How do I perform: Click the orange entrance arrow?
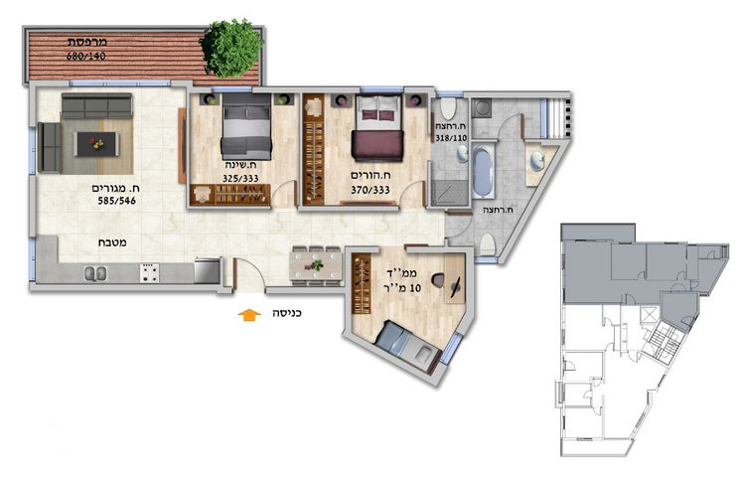click(x=249, y=315)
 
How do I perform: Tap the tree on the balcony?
click(x=231, y=48)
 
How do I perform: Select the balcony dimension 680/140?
click(x=85, y=56)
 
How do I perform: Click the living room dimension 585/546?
click(x=116, y=201)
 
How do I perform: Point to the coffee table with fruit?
click(x=96, y=144)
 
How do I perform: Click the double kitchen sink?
click(x=95, y=273)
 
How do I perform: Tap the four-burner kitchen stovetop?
click(x=149, y=273)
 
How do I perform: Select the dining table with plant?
click(x=317, y=266)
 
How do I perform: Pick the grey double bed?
click(x=246, y=126)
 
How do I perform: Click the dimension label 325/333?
click(x=240, y=179)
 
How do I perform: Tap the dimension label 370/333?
click(x=370, y=190)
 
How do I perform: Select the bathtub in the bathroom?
click(x=482, y=171)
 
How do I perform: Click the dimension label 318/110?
click(x=451, y=138)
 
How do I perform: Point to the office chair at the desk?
click(x=437, y=280)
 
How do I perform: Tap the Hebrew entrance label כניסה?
click(x=287, y=313)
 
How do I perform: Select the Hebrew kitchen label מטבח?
click(x=112, y=243)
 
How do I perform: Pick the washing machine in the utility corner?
click(x=482, y=108)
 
